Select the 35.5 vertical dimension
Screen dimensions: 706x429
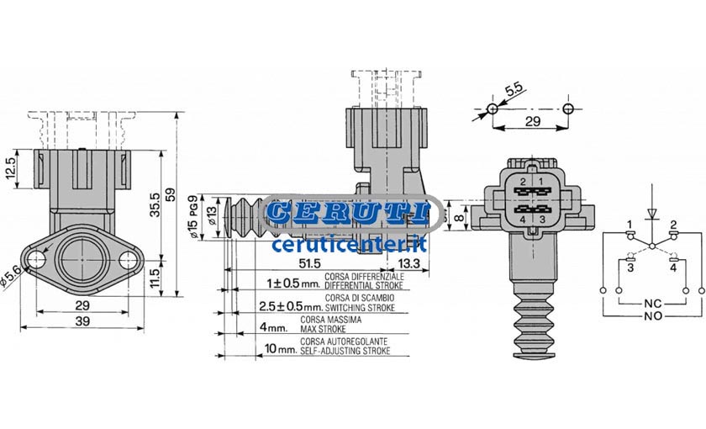(x=155, y=204)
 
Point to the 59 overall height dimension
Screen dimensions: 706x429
(x=171, y=194)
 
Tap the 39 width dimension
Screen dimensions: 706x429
(x=82, y=320)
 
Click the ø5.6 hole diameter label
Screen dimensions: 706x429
(x=10, y=276)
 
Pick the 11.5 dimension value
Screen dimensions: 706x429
(x=155, y=278)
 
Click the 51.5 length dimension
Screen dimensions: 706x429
(x=309, y=262)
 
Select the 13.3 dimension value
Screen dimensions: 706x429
(x=408, y=262)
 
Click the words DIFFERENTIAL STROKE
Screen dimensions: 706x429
(x=364, y=285)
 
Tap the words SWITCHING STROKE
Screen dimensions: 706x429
(x=360, y=308)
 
